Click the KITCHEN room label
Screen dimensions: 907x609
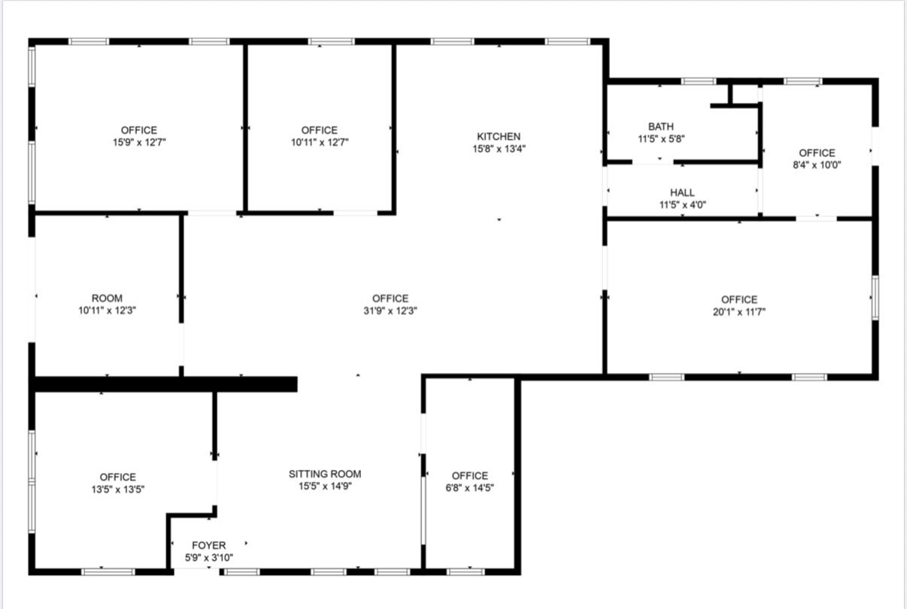pyautogui.click(x=499, y=136)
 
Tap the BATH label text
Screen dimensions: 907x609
pyautogui.click(x=661, y=127)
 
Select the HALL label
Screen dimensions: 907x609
pyautogui.click(x=682, y=192)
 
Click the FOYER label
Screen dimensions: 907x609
pyautogui.click(x=209, y=545)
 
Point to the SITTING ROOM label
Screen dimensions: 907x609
pyautogui.click(x=325, y=474)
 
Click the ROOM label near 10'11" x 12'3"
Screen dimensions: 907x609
pyautogui.click(x=107, y=298)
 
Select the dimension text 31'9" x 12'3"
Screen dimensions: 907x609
pyautogui.click(x=390, y=311)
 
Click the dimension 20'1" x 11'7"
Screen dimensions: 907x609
pyautogui.click(x=739, y=312)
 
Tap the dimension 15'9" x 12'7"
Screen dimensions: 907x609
pyautogui.click(x=139, y=143)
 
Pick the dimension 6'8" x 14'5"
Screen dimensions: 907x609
pyautogui.click(x=470, y=488)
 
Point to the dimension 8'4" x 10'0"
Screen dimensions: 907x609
pyautogui.click(x=817, y=165)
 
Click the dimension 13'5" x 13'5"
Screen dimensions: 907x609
pyautogui.click(x=118, y=489)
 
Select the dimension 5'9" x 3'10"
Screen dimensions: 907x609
pyautogui.click(x=209, y=558)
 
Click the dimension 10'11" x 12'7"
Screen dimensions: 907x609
pyautogui.click(x=320, y=143)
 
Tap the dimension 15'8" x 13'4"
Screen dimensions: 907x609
pyautogui.click(x=499, y=149)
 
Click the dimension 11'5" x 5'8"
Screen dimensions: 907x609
pyautogui.click(x=661, y=139)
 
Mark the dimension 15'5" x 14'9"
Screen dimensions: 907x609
pyautogui.click(x=325, y=486)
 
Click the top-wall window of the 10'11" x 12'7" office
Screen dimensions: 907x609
pyautogui.click(x=331, y=41)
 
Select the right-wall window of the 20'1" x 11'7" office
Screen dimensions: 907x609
pyautogui.click(x=875, y=298)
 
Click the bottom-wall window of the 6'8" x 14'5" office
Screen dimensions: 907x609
pyautogui.click(x=466, y=571)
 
